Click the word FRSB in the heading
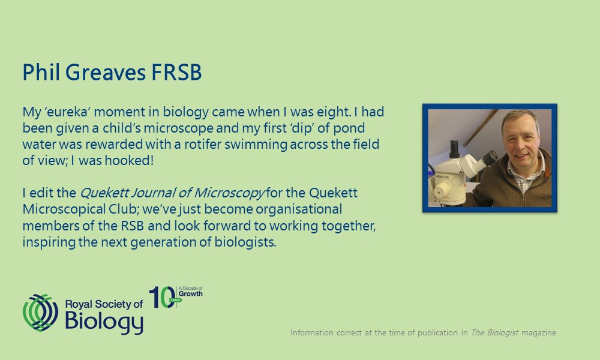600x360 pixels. point(176,72)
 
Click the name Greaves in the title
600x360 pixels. point(105,72)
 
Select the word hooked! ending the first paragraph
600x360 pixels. point(129,160)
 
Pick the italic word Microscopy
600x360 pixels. point(229,193)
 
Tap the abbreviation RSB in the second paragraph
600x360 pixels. point(133,226)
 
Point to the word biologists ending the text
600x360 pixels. point(245,242)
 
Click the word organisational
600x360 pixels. point(299,209)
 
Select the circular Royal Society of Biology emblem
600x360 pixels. point(41,313)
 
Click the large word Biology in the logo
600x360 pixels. point(104,322)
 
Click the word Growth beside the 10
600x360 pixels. point(191,294)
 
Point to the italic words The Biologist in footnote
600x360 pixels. point(494,332)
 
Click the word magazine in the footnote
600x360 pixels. point(539,333)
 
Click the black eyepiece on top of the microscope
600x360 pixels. point(454,149)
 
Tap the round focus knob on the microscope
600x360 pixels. point(443,190)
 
